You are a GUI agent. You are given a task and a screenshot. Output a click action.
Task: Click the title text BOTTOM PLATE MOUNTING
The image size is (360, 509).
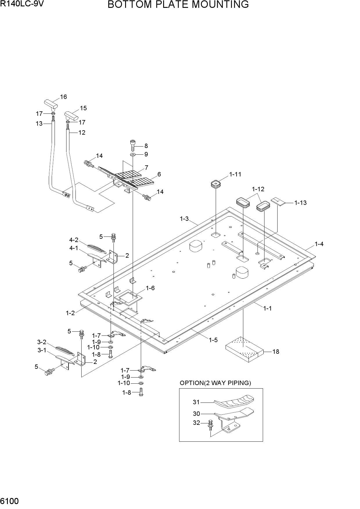coord(178,5)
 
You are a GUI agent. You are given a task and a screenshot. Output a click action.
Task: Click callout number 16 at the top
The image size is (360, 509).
coord(63,97)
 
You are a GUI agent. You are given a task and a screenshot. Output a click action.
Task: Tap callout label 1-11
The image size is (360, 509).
coord(235,174)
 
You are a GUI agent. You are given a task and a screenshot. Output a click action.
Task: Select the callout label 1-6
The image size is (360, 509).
coord(150,288)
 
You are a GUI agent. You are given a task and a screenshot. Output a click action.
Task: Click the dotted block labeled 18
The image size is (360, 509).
coord(245,349)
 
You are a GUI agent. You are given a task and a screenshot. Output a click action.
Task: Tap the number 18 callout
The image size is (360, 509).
coord(276,352)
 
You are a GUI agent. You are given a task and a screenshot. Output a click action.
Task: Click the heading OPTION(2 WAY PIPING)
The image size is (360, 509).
coord(215,383)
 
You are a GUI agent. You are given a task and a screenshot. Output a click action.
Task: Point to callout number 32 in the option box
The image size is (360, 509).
coord(197,423)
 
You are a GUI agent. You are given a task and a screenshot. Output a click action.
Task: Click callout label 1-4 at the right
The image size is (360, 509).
coord(319,244)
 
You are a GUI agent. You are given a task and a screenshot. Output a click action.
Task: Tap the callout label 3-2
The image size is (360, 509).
coord(42,342)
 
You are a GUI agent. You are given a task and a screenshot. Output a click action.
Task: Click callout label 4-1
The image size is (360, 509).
coord(73,248)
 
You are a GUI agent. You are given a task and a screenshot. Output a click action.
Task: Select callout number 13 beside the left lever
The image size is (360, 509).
coord(39,124)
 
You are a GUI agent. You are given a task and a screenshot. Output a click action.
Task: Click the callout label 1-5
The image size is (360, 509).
coord(213,340)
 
